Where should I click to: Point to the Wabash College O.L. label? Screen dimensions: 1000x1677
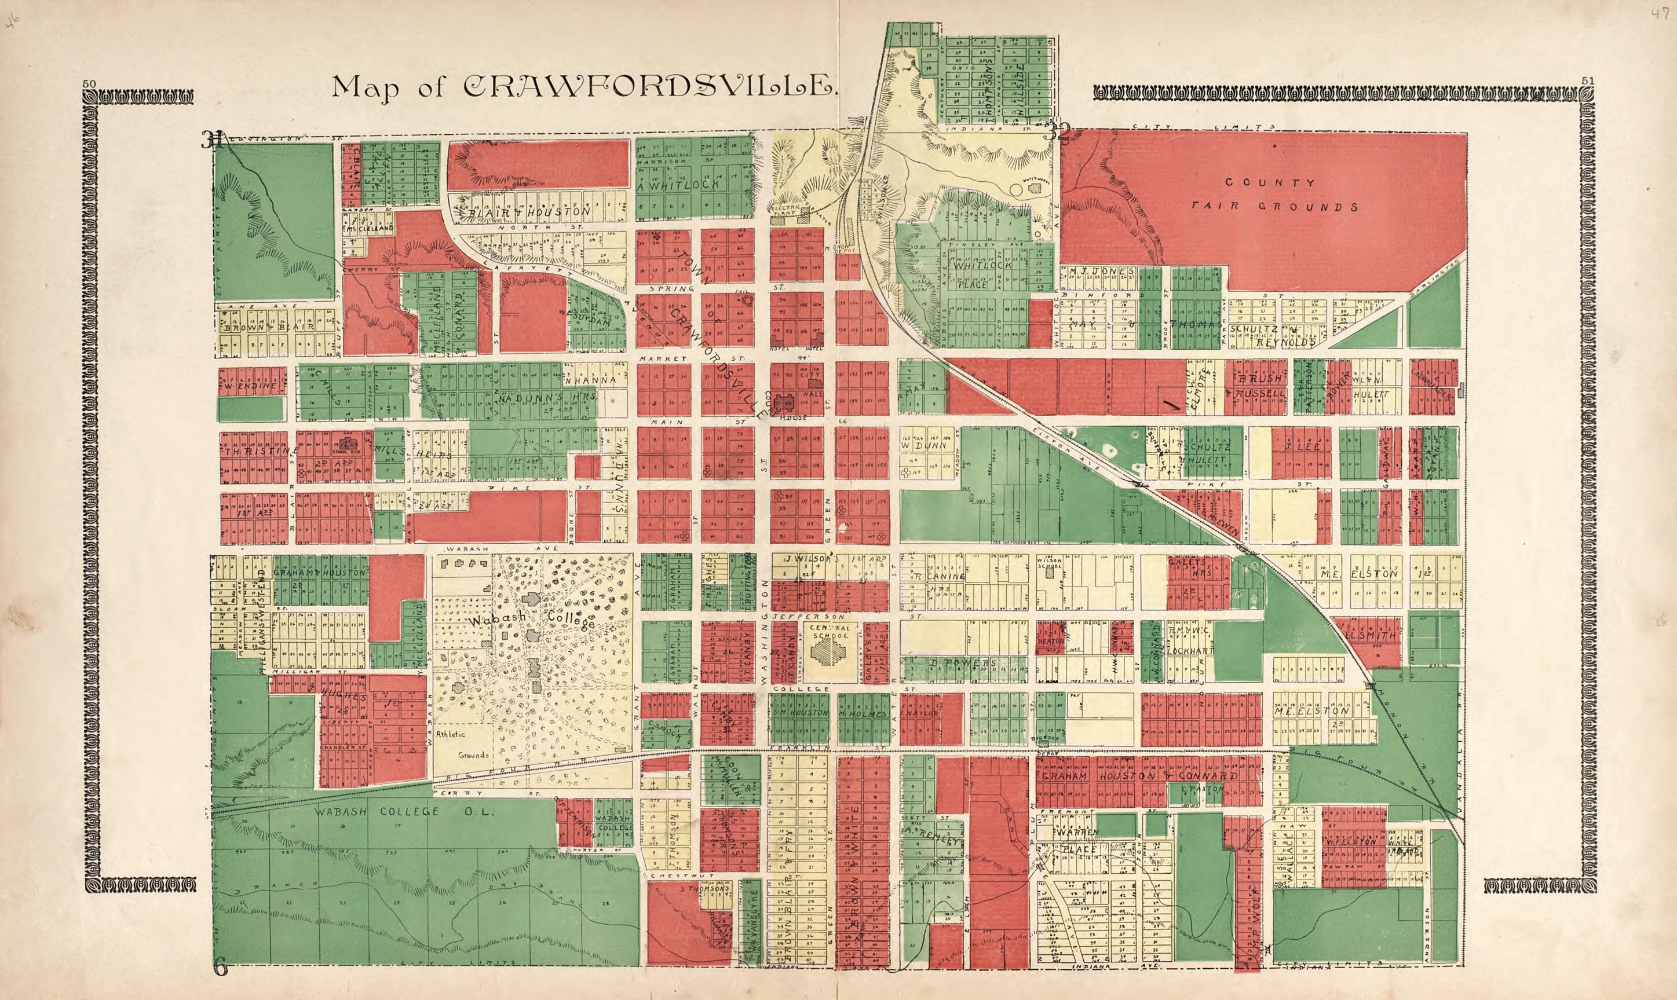click(x=405, y=812)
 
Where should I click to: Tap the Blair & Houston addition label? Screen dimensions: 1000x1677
click(x=533, y=211)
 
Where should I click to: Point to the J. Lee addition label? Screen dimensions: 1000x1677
click(x=1297, y=446)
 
